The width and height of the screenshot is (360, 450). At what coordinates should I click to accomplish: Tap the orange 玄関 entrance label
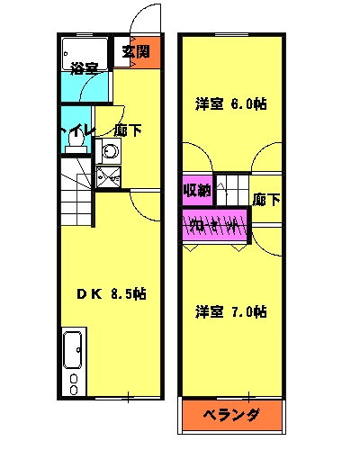point(136,50)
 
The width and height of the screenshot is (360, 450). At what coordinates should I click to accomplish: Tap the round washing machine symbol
point(108,152)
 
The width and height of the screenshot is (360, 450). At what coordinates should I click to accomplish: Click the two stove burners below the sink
point(73,379)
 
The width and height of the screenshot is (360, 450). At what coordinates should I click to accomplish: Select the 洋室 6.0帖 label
point(230,103)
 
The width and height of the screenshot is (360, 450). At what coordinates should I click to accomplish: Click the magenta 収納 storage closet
point(197,190)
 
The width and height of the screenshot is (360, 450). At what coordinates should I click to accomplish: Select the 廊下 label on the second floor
point(265,199)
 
